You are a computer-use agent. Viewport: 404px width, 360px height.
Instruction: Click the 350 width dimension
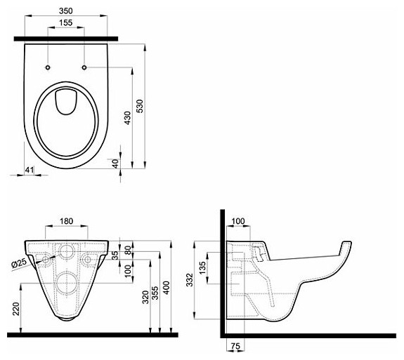(66, 11)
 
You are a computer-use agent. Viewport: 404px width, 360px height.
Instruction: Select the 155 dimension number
(66, 22)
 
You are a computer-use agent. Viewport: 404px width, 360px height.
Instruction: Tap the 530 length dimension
(140, 106)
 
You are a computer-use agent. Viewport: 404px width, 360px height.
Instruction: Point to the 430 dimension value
(127, 118)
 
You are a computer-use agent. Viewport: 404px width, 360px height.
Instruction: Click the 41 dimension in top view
(30, 170)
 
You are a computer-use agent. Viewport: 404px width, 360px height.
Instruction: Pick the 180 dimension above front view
(67, 221)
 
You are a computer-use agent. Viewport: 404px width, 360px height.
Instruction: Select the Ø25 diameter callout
(19, 263)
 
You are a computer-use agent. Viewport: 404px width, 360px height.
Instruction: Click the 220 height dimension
(16, 309)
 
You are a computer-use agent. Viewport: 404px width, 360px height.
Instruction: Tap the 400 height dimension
(167, 288)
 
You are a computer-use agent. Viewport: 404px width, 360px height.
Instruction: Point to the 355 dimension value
(155, 293)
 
